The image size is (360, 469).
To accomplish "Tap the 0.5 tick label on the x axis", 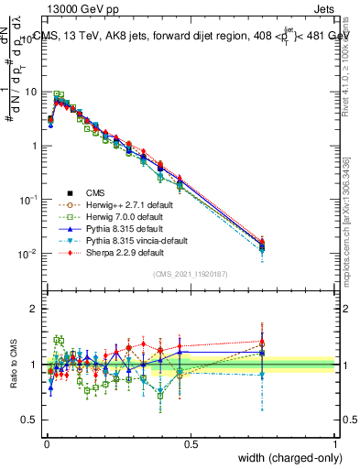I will pos(191,443).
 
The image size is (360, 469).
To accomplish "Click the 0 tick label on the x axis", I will pos(46,443).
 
